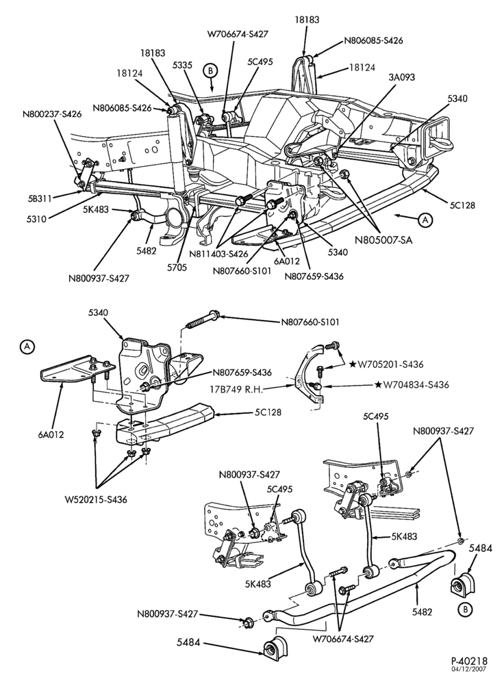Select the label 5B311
coord(38,198)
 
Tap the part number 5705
coord(177,267)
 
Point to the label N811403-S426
coord(218,254)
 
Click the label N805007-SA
coord(383,239)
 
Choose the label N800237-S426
coord(52,114)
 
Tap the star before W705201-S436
coord(353,364)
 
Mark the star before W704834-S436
coord(378,384)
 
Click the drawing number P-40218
coord(470,661)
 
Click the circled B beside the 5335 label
coord(210,70)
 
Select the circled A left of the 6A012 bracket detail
coord(27,346)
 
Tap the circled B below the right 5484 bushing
coord(466,609)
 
